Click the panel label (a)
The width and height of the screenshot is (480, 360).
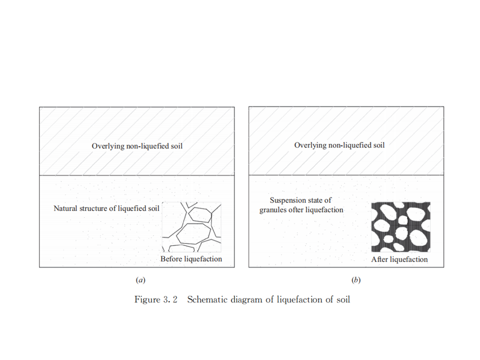click(141, 280)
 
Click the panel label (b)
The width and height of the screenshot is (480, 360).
click(356, 280)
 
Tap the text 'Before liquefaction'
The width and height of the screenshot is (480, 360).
click(191, 259)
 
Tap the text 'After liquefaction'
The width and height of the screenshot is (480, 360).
click(399, 259)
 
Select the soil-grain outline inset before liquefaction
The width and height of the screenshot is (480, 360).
click(191, 227)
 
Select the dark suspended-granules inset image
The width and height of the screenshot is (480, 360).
click(401, 227)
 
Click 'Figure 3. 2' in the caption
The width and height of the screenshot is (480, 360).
click(156, 300)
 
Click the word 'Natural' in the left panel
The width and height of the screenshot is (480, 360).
click(65, 208)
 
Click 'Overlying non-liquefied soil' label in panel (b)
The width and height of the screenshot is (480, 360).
click(339, 145)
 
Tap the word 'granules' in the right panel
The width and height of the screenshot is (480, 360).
click(272, 210)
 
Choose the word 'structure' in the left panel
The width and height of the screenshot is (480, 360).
click(93, 208)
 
